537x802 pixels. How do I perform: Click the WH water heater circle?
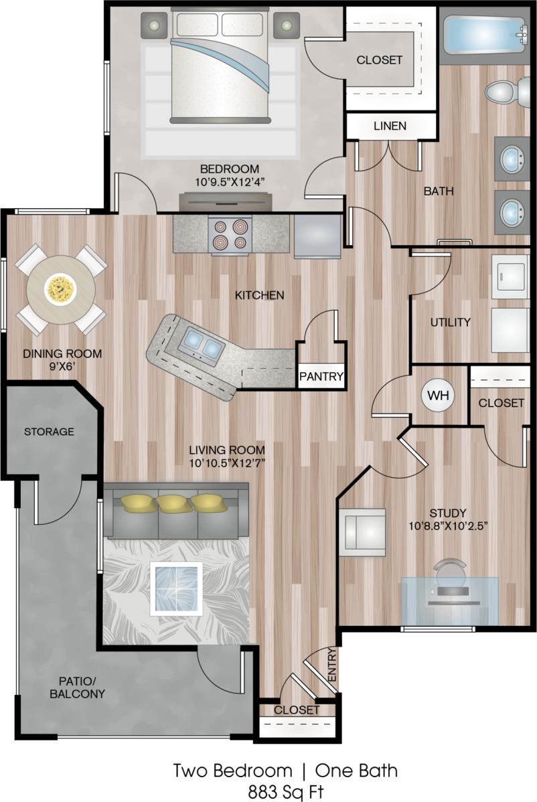(438, 395)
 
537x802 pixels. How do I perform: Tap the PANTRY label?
(321, 376)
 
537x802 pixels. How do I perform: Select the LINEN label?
(390, 126)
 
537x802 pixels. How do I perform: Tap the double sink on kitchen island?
(202, 345)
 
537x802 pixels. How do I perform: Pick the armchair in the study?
(362, 532)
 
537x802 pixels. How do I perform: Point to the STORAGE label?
(49, 432)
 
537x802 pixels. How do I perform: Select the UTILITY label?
(450, 322)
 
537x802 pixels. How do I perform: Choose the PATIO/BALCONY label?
(77, 688)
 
